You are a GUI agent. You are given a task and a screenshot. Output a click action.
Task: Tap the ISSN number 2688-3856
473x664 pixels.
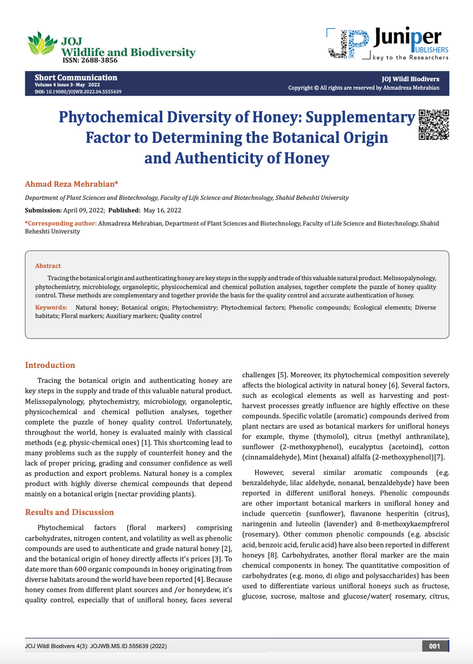(90, 60)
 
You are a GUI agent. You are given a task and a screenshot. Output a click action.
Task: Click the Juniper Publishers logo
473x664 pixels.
(388, 43)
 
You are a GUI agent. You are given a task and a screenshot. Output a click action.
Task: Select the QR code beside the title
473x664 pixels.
(434, 125)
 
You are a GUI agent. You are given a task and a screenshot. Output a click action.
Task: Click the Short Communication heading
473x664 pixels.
(76, 78)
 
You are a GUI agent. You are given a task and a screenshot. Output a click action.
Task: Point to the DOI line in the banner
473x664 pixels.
(78, 92)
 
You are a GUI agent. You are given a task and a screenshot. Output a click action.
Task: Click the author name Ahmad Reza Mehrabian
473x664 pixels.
(72, 184)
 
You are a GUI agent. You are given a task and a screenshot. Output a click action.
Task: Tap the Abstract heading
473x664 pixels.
(48, 266)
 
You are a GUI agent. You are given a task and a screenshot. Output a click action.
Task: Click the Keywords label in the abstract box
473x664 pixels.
(51, 307)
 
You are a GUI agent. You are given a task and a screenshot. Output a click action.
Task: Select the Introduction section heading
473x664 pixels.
(50, 365)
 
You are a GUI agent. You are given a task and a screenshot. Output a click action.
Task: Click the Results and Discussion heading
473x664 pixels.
(69, 512)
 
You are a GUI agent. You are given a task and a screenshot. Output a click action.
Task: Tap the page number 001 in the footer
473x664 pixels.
(435, 646)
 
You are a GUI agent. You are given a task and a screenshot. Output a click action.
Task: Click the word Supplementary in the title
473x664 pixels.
(360, 117)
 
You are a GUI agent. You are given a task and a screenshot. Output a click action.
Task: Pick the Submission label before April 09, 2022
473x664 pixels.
(43, 210)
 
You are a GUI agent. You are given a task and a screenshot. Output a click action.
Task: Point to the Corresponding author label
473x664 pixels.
(61, 223)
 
